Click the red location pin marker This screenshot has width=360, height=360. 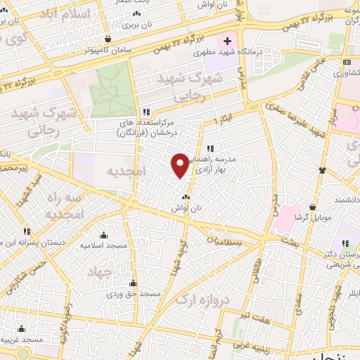[181, 165]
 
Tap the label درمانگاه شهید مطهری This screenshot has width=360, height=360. [273, 44]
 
